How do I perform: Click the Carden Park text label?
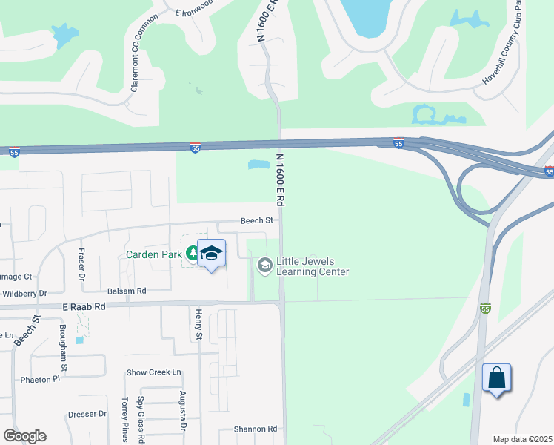(153, 254)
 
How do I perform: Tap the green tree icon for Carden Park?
(193, 254)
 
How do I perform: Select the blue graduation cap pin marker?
(212, 254)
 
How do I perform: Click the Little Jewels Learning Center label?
(312, 267)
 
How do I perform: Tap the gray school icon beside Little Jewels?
(264, 266)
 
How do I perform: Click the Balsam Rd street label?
(127, 291)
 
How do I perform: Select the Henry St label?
(198, 326)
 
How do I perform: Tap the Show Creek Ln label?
(154, 372)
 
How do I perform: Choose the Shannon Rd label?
(255, 429)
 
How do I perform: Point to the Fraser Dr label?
(81, 265)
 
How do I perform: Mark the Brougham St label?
(64, 347)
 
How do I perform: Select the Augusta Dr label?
(182, 412)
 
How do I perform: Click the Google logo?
(24, 436)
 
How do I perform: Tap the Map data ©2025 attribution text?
(522, 439)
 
